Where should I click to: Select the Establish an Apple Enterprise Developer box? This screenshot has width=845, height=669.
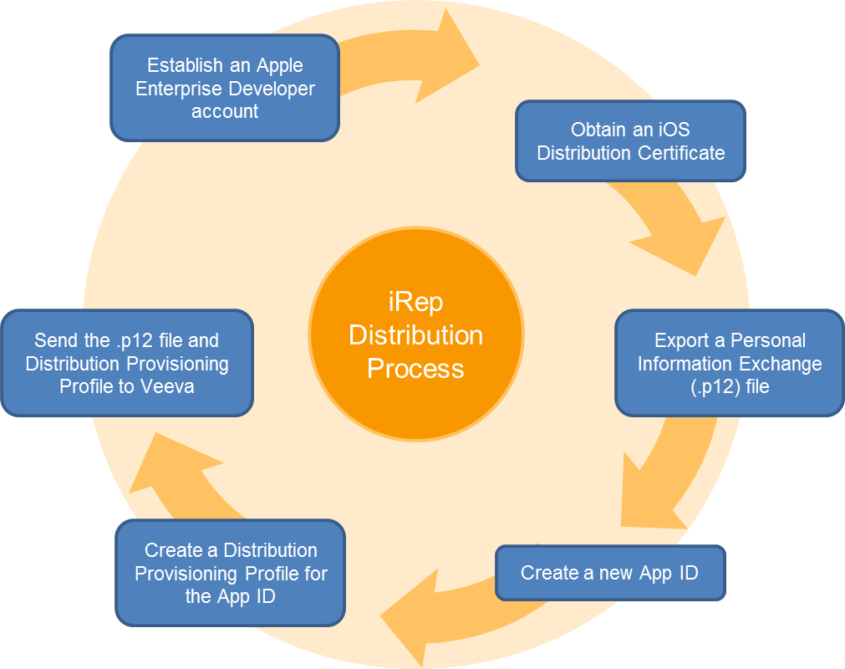225,88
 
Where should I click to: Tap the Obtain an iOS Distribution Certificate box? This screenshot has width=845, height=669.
630,141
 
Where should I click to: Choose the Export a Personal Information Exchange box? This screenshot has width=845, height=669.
730,364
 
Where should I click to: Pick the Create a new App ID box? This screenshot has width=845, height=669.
610,573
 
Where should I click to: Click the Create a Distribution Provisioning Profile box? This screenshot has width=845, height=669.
231,573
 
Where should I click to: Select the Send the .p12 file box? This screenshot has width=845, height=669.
127,364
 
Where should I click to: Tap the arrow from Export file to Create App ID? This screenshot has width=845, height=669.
660,477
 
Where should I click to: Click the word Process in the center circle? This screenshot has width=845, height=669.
415,368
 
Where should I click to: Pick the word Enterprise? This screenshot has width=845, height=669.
177,89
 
